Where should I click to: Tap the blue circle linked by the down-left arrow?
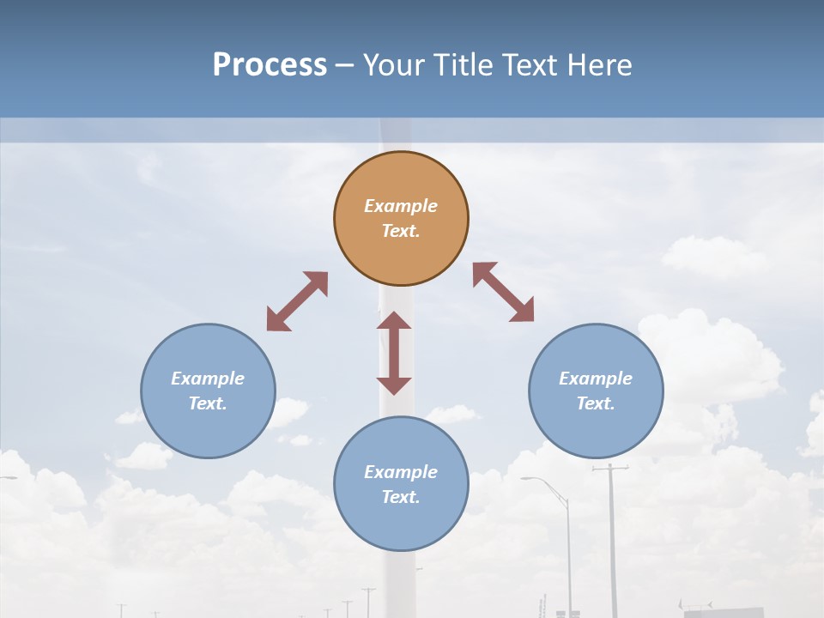click(208, 429)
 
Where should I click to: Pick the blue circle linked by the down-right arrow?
click(596, 429)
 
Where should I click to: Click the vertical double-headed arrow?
click(394, 353)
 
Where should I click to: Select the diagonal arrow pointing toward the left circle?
click(297, 301)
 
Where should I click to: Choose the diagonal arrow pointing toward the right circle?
click(503, 292)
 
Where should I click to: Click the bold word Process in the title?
click(270, 65)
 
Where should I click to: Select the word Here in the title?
click(604, 65)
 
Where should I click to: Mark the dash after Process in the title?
click(344, 66)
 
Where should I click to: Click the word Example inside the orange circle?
click(401, 206)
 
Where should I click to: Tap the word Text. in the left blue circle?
click(208, 403)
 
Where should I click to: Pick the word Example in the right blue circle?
click(596, 379)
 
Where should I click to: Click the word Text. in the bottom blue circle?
click(401, 497)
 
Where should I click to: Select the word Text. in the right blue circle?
click(596, 403)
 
